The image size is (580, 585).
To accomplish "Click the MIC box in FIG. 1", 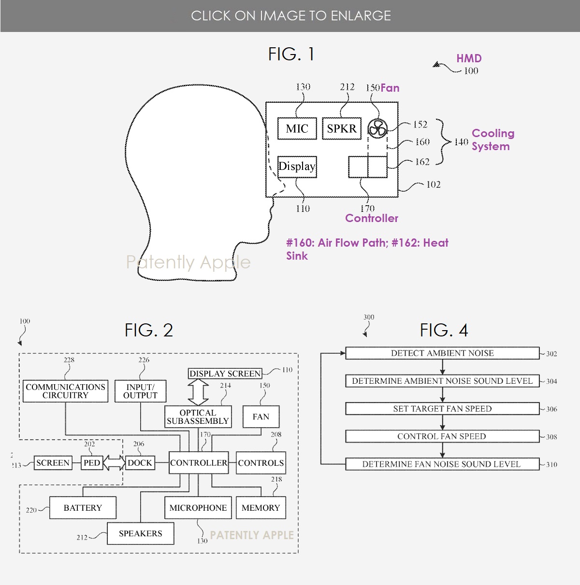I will (297, 128).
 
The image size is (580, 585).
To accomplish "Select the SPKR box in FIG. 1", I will (342, 128).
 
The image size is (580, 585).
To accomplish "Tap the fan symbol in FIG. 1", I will (377, 129).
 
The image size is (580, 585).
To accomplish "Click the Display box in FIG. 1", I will (297, 167).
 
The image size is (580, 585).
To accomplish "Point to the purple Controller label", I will (372, 218).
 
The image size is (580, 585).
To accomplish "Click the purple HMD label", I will (469, 58).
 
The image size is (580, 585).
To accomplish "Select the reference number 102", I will (433, 184).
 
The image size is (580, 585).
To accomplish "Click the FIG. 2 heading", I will (149, 331).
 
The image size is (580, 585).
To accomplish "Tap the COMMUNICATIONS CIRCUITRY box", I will (66, 391).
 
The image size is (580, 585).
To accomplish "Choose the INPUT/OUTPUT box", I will (141, 391).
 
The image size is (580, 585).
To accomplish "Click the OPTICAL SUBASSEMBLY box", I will (198, 417).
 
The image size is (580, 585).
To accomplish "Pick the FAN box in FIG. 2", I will (261, 417).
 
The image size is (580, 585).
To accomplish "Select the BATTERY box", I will (83, 508).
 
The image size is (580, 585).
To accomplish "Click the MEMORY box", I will (261, 508).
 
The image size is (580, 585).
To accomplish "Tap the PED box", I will (92, 463).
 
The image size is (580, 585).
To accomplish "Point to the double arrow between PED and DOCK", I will (115, 463).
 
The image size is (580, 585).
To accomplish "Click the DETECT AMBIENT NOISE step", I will (442, 353).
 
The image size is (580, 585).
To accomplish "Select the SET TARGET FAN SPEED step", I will (442, 409).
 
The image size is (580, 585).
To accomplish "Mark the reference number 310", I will (551, 464).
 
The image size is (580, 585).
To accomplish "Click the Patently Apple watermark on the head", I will (188, 262).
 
